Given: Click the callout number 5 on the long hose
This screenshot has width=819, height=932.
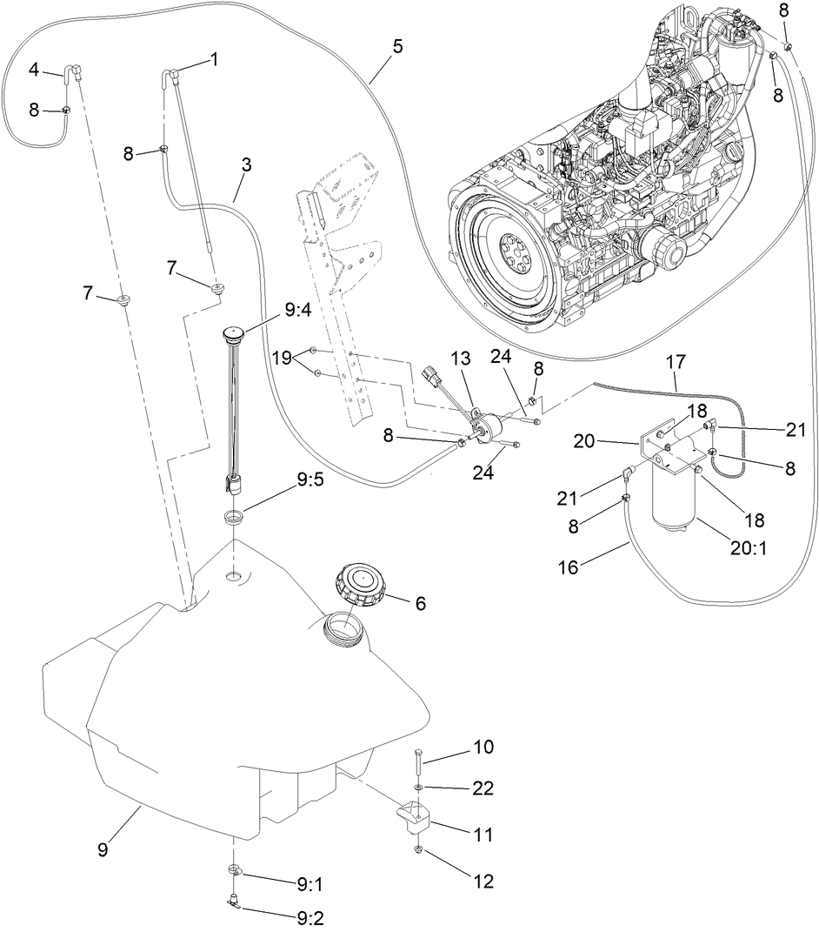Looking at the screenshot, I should pos(397,47).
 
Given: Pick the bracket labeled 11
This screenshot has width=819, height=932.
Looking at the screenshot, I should pos(413,818).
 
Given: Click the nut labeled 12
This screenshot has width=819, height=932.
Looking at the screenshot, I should pos(419,849).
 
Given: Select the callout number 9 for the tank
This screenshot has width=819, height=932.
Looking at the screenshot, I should pos(103,848).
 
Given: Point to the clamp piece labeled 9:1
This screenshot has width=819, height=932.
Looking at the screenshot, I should pos(236,871).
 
